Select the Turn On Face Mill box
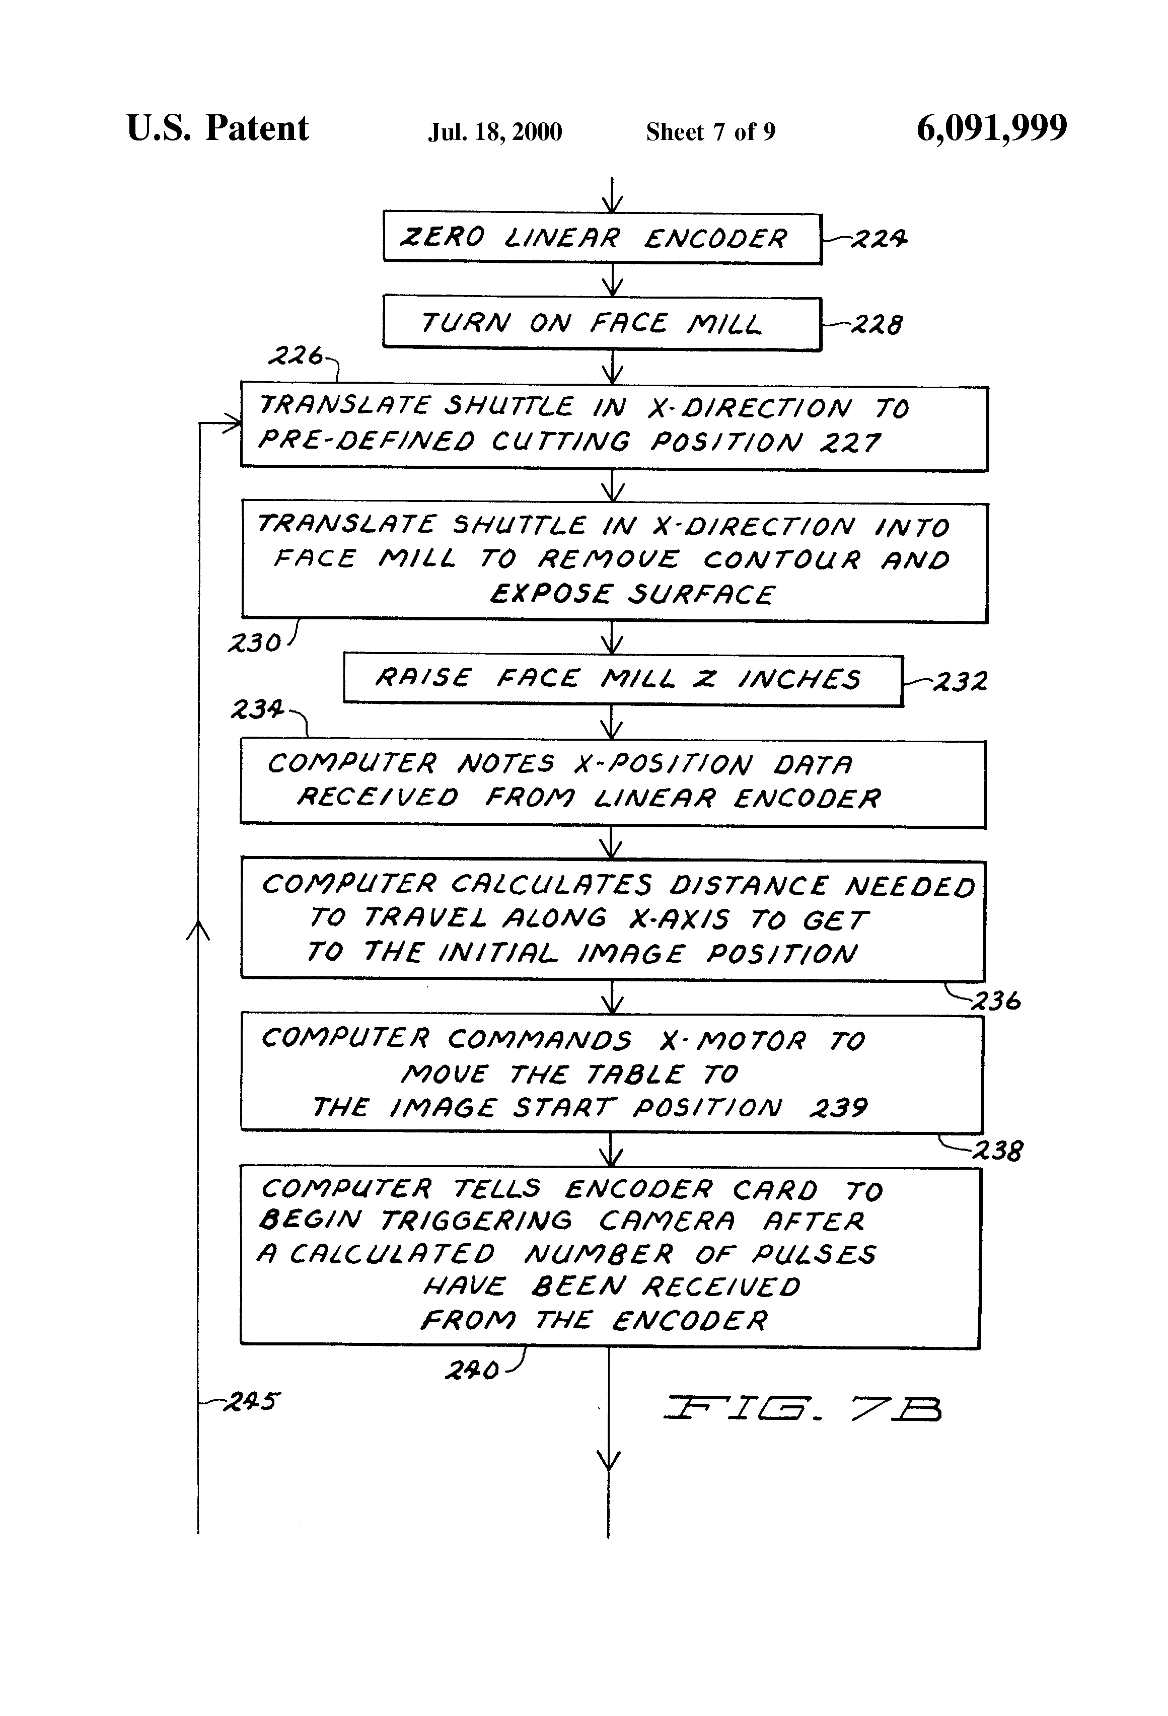[602, 323]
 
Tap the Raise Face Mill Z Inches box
[622, 679]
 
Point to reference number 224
[879, 239]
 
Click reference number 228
[877, 324]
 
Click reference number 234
[257, 709]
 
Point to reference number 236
[997, 1001]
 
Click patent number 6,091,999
[992, 128]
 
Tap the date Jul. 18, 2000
[495, 132]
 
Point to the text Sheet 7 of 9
[710, 132]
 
